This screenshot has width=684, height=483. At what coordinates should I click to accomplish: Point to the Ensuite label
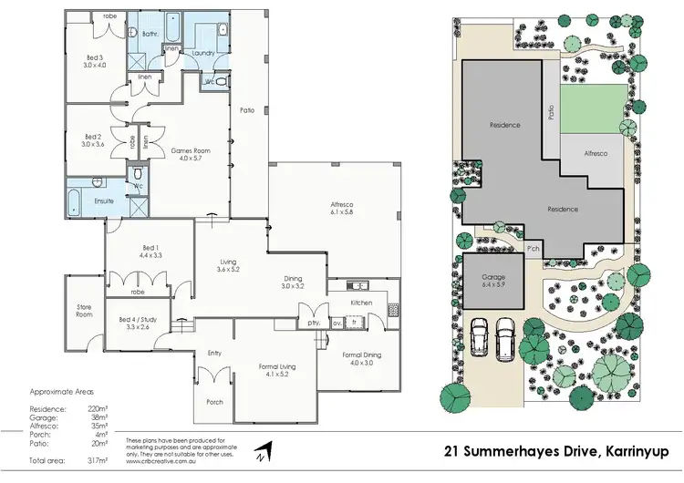coord(103,200)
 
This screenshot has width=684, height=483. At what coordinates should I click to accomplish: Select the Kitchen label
coord(362,301)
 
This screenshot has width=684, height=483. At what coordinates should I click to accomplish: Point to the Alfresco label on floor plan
coord(342,208)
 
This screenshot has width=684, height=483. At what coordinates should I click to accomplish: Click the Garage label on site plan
coord(493,277)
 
